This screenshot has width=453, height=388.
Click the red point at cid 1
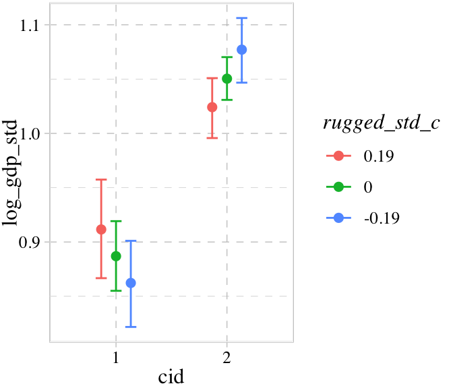[101, 229]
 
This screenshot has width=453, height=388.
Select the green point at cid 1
[116, 256]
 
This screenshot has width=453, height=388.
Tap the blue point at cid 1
[131, 283]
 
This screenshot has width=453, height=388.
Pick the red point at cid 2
[212, 107]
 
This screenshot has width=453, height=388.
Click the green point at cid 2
[227, 79]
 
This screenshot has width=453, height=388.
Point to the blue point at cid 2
[242, 50]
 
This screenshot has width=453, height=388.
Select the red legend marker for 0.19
[339, 156]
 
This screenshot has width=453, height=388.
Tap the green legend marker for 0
[339, 187]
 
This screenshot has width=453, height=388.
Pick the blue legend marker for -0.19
[339, 218]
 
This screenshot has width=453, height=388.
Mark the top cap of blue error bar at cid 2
[242, 18]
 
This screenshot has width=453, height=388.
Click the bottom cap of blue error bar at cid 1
[131, 327]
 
